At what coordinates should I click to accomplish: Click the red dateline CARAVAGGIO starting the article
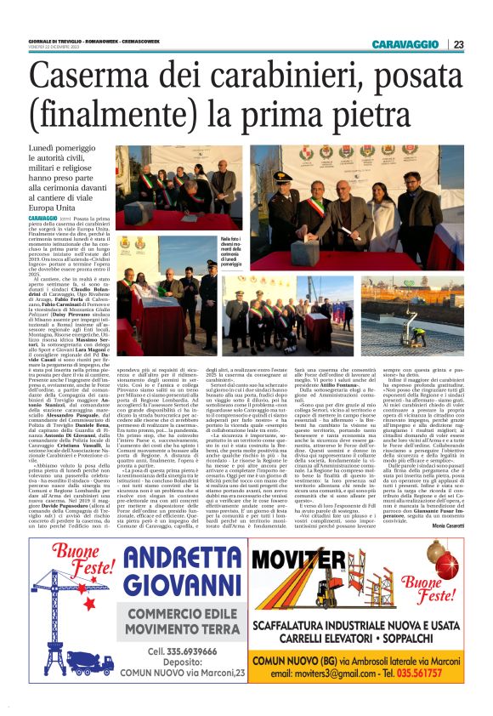pyautogui.click(x=42, y=219)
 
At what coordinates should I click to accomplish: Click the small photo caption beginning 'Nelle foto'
pyautogui.click(x=232, y=252)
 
